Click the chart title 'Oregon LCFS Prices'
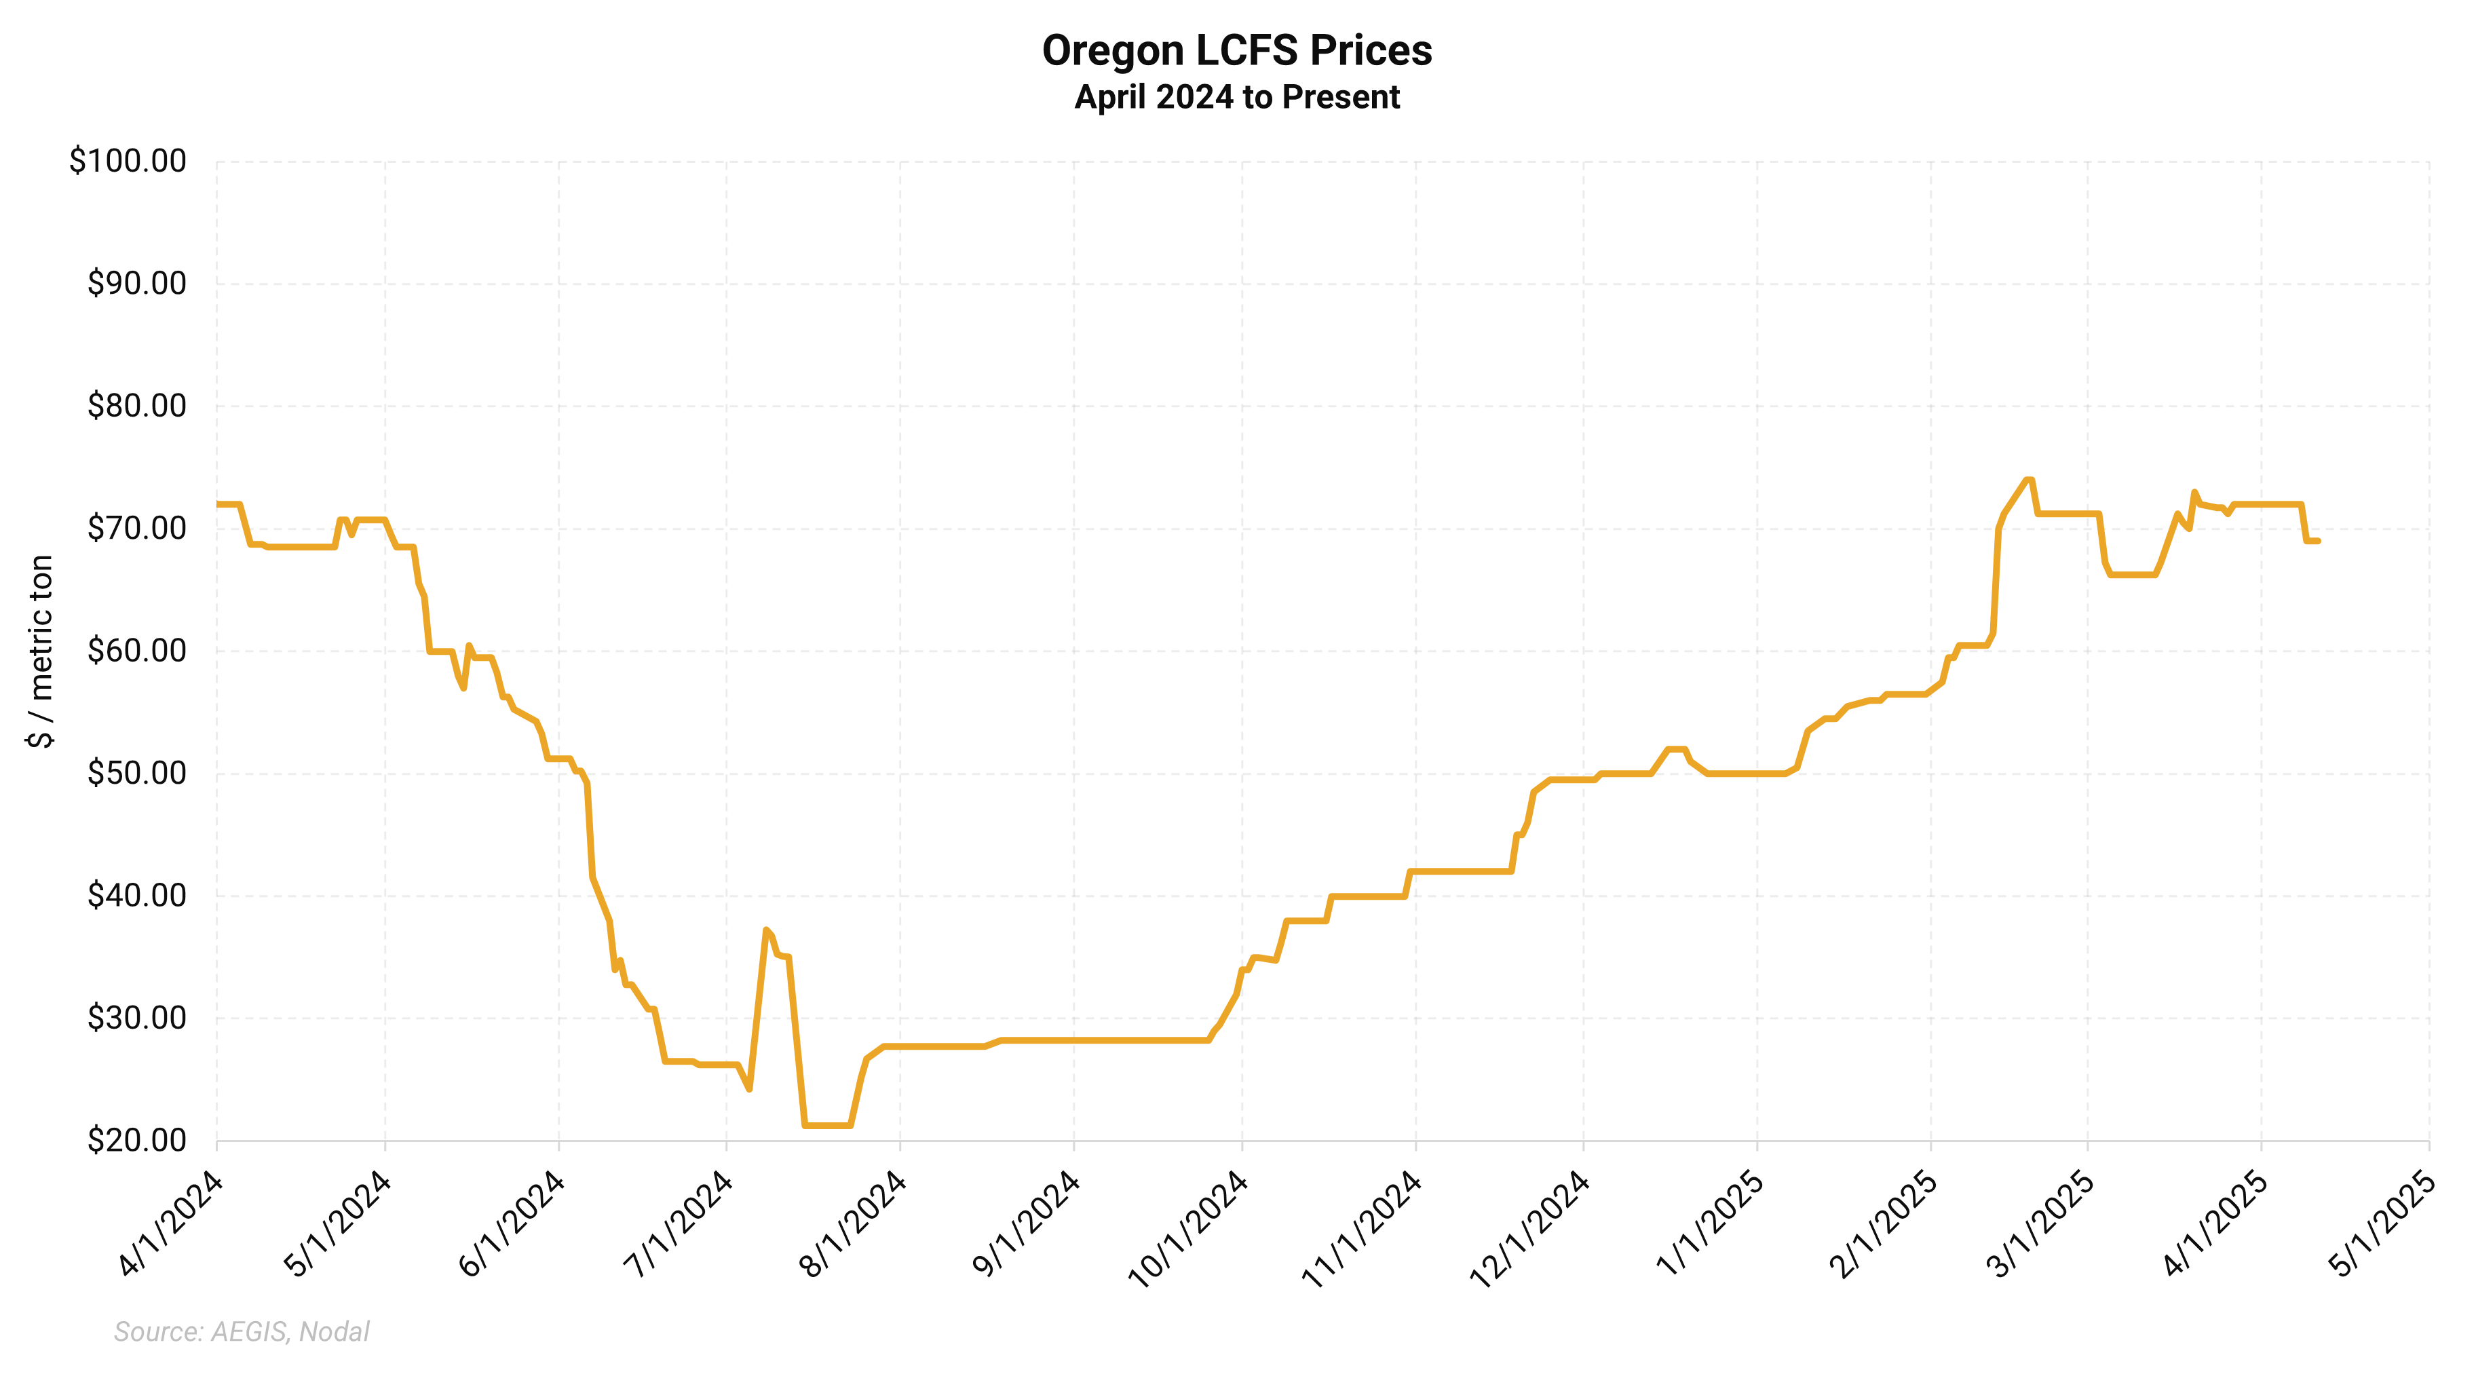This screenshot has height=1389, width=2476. click(x=1237, y=51)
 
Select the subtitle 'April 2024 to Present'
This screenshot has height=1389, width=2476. click(x=1237, y=97)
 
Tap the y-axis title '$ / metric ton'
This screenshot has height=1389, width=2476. click(x=40, y=651)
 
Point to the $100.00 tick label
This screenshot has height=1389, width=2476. click(x=128, y=161)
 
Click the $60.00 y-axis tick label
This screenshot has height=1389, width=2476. click(x=136, y=651)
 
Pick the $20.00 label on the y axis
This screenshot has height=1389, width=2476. click(x=136, y=1140)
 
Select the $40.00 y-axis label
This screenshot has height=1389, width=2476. click(x=136, y=895)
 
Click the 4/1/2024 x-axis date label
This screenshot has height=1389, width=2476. click(x=171, y=1223)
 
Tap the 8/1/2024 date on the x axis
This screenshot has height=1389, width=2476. click(x=854, y=1223)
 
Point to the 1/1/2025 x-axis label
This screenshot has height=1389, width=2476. click(x=1710, y=1223)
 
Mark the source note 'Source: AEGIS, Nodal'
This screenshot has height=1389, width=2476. click(x=242, y=1331)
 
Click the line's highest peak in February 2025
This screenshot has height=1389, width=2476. click(x=2028, y=480)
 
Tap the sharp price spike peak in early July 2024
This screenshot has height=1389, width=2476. click(x=766, y=930)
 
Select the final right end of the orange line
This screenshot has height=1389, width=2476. click(x=2319, y=541)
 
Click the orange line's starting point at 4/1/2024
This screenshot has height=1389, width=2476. click(x=218, y=503)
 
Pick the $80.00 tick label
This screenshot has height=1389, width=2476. click(x=136, y=406)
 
